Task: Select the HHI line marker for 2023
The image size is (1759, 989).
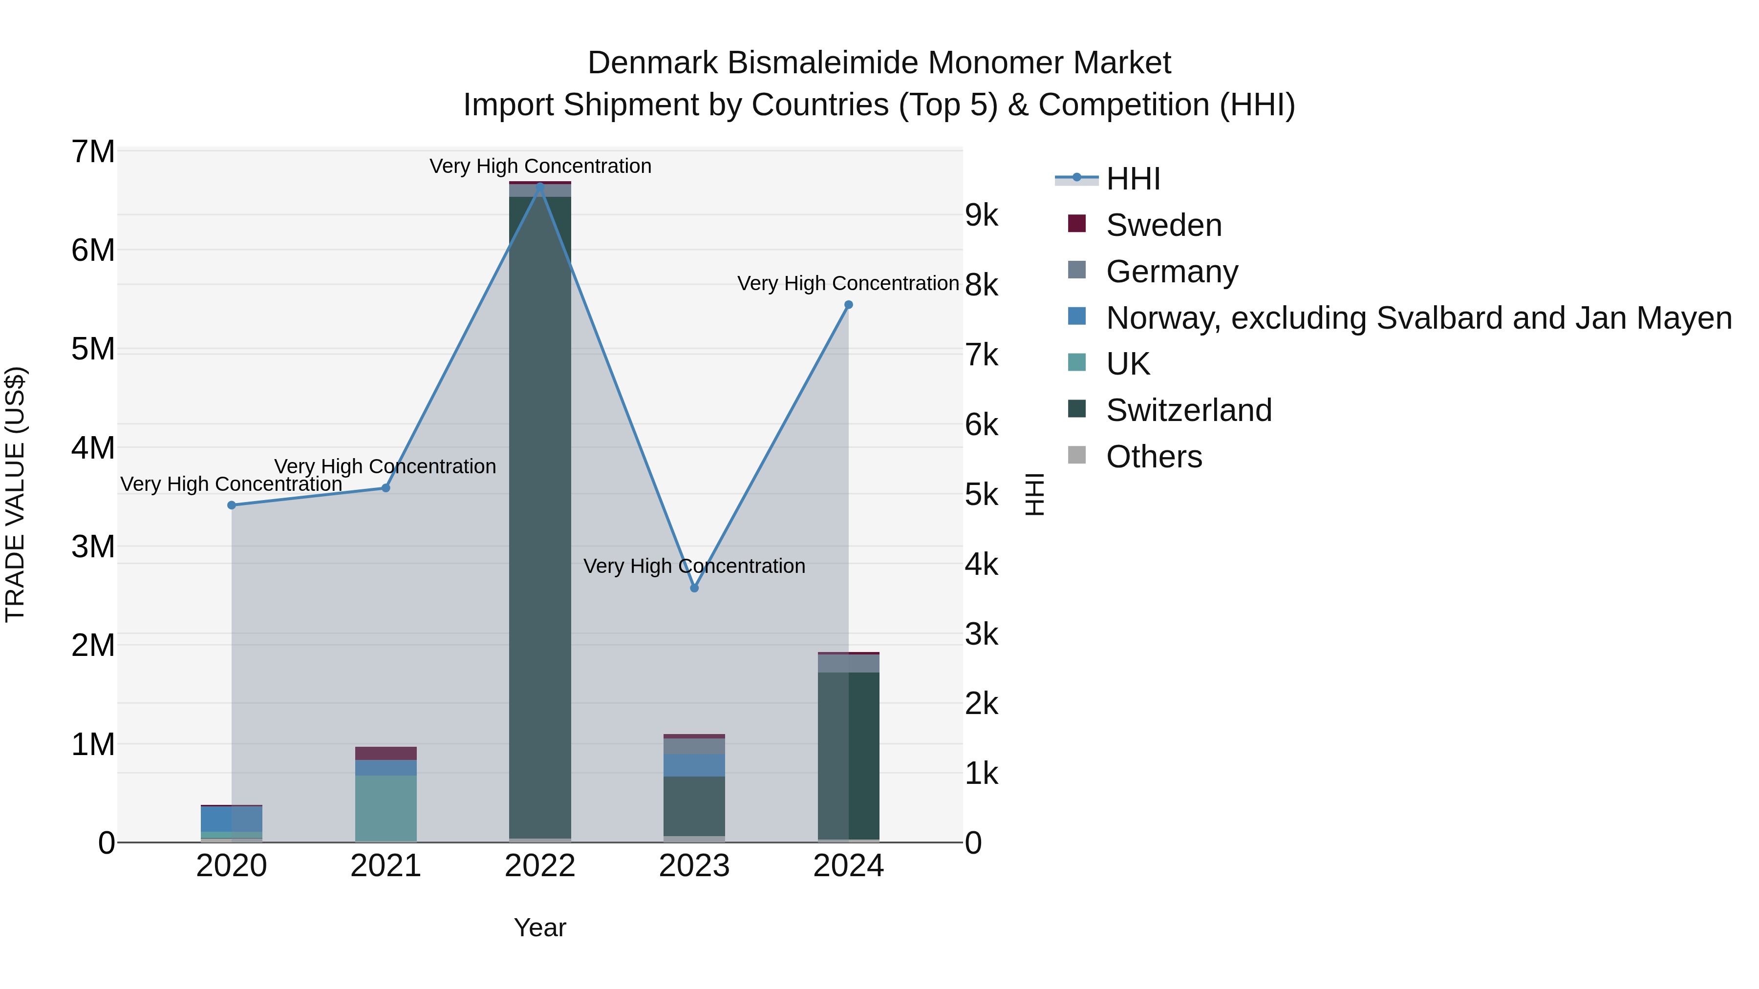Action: pos(694,588)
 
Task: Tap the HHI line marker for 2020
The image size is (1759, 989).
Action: pos(232,505)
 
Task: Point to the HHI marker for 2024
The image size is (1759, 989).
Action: pos(849,305)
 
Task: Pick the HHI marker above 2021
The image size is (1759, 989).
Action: pos(386,488)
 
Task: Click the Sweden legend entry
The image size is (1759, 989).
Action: pos(1163,225)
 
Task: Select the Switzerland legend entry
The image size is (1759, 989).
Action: pos(1188,410)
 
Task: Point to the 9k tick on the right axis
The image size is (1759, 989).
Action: pos(981,216)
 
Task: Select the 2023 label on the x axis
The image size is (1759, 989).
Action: pos(694,866)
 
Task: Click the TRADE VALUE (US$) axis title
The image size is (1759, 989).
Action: pos(16,494)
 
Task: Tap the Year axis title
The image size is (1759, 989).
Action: pos(540,927)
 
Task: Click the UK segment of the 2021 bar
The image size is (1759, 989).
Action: pos(386,808)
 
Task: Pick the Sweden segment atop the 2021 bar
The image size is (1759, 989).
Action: pos(386,753)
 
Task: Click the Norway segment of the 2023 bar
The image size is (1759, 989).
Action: pos(694,765)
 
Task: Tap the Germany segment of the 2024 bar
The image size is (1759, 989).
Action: pos(849,663)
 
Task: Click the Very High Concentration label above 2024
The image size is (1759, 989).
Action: pos(848,283)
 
